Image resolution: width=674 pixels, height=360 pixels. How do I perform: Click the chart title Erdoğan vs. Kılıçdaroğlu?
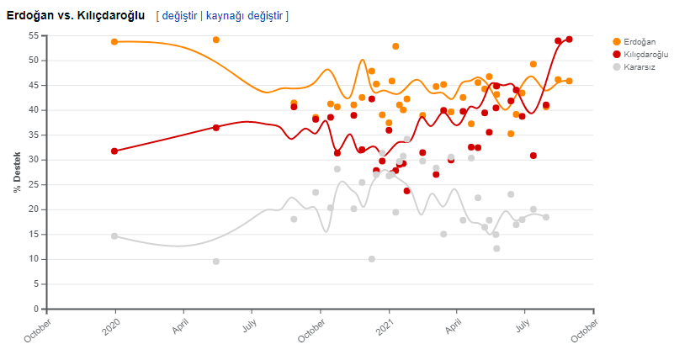tap(75, 15)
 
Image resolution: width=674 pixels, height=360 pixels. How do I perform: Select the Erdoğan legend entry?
tap(640, 42)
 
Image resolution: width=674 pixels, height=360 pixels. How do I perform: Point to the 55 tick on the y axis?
tap(33, 36)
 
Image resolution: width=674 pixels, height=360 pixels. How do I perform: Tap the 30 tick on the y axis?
tap(33, 160)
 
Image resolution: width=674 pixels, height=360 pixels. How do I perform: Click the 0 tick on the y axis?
tap(35, 310)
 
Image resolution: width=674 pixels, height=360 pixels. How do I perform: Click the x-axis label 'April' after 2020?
tap(179, 326)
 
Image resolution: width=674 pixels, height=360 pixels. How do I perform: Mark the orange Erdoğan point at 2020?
tap(114, 42)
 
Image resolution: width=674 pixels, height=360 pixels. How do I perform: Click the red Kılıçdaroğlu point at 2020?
tap(114, 151)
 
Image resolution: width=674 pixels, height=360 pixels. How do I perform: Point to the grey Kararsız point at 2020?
tap(114, 236)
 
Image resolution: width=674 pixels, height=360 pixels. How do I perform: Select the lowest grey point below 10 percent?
tap(216, 262)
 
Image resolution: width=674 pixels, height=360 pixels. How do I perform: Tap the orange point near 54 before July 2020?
tap(216, 40)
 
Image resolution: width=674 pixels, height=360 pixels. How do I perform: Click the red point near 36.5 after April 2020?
tap(216, 128)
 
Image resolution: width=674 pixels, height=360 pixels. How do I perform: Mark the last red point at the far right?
tap(570, 39)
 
